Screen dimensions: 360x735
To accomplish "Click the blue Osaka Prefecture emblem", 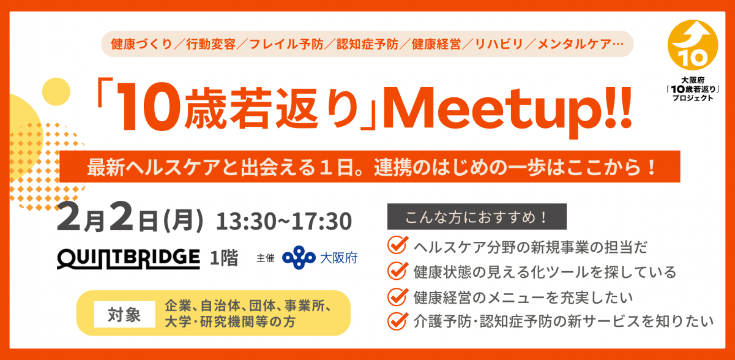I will click(298, 258).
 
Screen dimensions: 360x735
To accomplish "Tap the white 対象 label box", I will click(124, 315).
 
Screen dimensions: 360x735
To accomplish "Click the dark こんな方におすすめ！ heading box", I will click(477, 217).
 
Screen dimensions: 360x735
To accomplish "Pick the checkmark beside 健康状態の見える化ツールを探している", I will click(398, 271).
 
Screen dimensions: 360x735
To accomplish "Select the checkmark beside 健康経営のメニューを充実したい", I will click(398, 296).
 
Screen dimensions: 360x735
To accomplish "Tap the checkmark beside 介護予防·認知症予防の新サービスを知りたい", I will click(398, 320).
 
